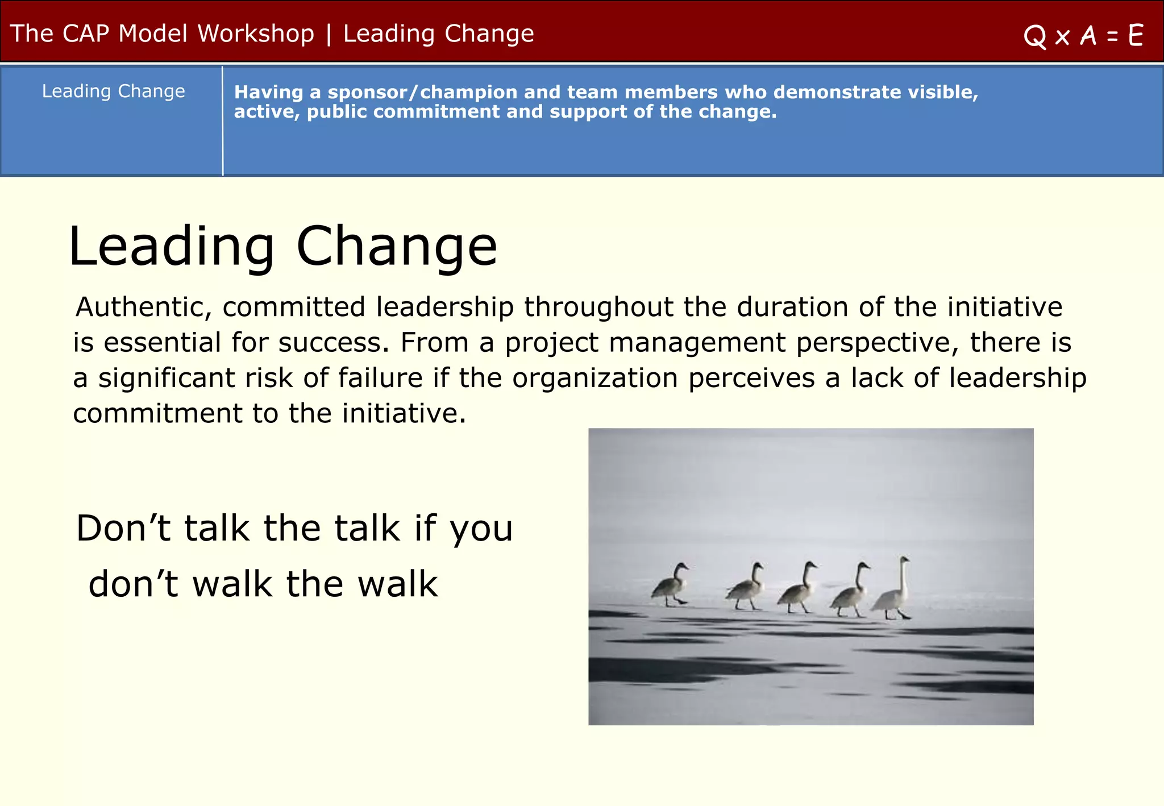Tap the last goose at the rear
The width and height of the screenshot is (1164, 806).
click(670, 585)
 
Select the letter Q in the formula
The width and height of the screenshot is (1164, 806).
click(1034, 36)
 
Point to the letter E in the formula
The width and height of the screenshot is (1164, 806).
click(1136, 36)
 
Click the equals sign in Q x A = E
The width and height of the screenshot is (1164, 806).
click(1112, 37)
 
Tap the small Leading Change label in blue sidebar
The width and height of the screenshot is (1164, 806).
click(114, 91)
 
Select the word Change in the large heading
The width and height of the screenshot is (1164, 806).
click(396, 246)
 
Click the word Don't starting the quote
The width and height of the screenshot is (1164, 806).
click(123, 528)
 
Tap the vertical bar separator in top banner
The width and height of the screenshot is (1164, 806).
click(329, 34)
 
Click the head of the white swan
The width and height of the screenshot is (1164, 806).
click(904, 560)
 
